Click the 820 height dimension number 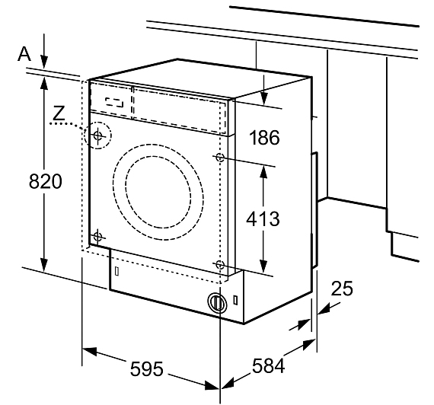pyautogui.click(x=46, y=181)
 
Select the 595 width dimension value pyautogui.click(x=147, y=369)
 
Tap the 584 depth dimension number pyautogui.click(x=268, y=365)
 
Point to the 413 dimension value pyautogui.click(x=263, y=218)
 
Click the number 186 pyautogui.click(x=265, y=137)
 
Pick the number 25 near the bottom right pyautogui.click(x=342, y=289)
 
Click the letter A pyautogui.click(x=24, y=54)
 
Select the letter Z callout pyautogui.click(x=59, y=113)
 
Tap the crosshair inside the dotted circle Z pyautogui.click(x=97, y=136)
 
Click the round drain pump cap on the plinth pyautogui.click(x=217, y=301)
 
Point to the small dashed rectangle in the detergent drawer pyautogui.click(x=114, y=102)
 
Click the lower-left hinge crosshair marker pyautogui.click(x=97, y=237)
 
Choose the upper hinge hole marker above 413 pyautogui.click(x=220, y=158)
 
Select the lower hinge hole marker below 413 pyautogui.click(x=220, y=265)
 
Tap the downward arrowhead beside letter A pyautogui.click(x=44, y=62)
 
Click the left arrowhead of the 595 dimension pyautogui.click(x=89, y=351)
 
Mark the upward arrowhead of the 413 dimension pyautogui.click(x=263, y=172)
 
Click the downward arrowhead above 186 pyautogui.click(x=264, y=99)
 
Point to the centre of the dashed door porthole pyautogui.click(x=158, y=192)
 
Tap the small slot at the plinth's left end pyautogui.click(x=116, y=271)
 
